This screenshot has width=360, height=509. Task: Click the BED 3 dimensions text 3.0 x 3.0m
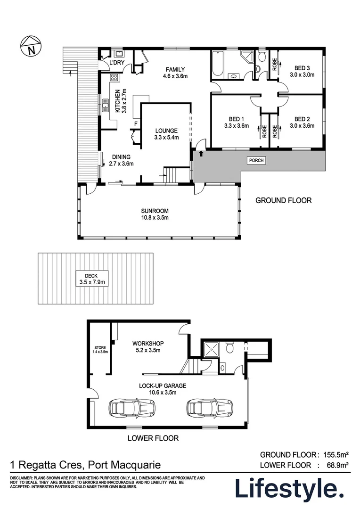(x=302, y=74)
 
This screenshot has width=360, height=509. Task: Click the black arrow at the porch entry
(x=202, y=153)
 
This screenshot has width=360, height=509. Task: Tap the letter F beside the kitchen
(x=136, y=124)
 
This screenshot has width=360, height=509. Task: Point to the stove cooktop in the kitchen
(x=114, y=77)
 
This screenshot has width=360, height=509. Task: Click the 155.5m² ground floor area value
(x=335, y=455)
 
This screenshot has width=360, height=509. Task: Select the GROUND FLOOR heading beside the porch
(x=283, y=200)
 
